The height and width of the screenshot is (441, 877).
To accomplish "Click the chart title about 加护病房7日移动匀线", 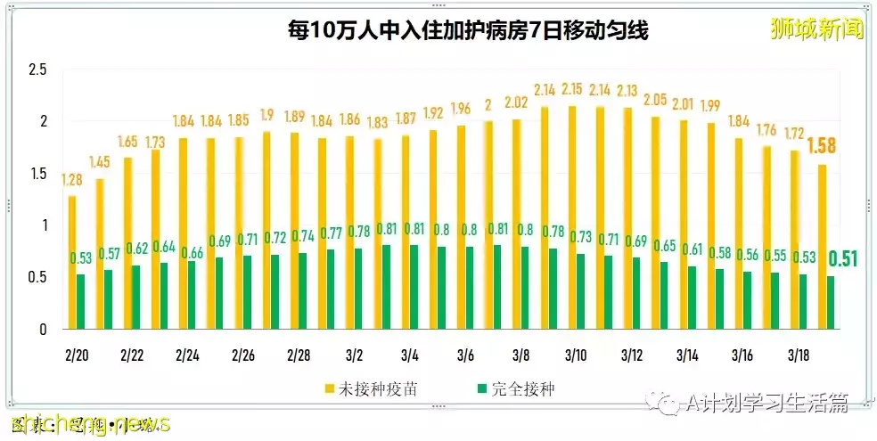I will click(x=467, y=31).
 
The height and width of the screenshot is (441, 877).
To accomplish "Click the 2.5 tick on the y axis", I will click(x=37, y=69).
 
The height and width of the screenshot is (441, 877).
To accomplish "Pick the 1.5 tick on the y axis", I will click(x=37, y=174).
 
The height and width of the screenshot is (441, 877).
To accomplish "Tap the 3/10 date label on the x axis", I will click(x=576, y=355).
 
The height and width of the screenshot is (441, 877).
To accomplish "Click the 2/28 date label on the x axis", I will click(x=298, y=355).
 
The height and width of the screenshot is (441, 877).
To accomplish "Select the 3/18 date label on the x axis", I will click(x=798, y=355).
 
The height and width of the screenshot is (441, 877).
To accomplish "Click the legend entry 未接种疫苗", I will click(x=365, y=388).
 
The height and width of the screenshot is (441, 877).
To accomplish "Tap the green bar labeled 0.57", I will click(x=109, y=299).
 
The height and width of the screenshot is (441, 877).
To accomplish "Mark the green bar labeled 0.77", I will click(x=331, y=290).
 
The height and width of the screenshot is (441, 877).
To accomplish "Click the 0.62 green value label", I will click(x=136, y=249).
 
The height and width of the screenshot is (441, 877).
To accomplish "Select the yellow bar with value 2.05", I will click(x=655, y=223).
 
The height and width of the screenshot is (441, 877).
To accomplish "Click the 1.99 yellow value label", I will click(x=710, y=106).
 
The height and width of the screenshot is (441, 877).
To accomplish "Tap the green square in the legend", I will click(x=481, y=388).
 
